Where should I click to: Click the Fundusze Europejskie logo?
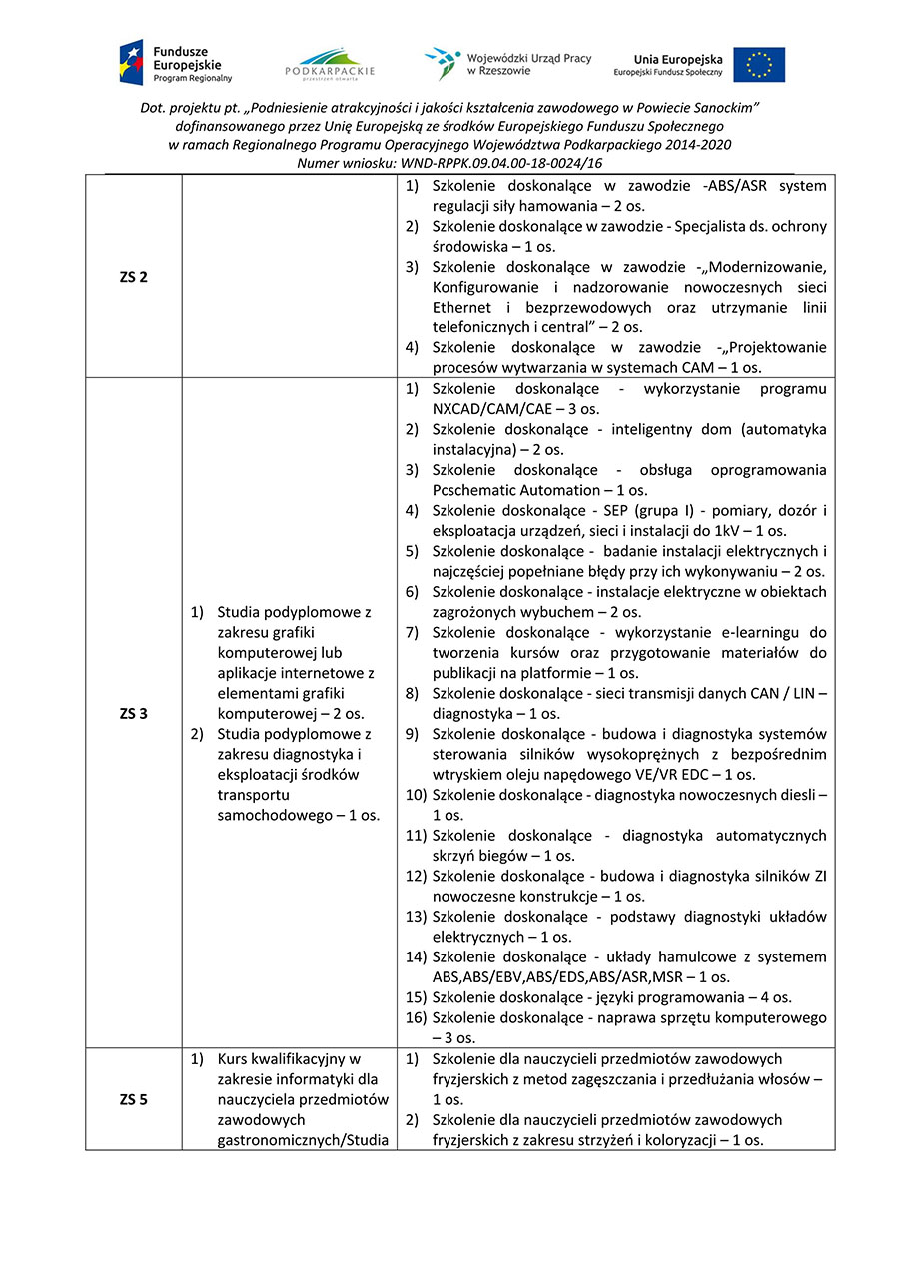tap(176, 62)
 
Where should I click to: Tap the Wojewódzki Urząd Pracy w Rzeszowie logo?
tap(507, 63)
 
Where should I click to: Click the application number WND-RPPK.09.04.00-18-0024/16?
tap(500, 163)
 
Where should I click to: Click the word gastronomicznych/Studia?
tap(302, 1139)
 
